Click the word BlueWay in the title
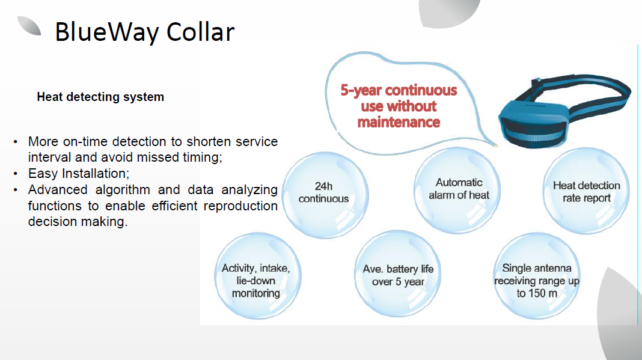click(x=107, y=32)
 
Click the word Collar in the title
click(x=201, y=31)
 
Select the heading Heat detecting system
click(x=100, y=97)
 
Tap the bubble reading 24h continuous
click(x=325, y=195)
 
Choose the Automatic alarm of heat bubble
click(x=457, y=190)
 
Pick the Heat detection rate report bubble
click(x=586, y=191)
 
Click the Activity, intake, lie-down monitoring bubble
click(x=257, y=276)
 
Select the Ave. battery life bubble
click(x=397, y=274)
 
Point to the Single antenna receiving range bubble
click(x=536, y=276)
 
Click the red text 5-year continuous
click(x=399, y=90)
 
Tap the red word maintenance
click(x=399, y=122)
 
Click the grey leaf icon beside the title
click(x=29, y=26)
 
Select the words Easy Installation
click(x=79, y=174)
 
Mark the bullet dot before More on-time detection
click(x=16, y=142)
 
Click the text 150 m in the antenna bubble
click(x=542, y=293)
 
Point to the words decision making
click(x=78, y=222)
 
